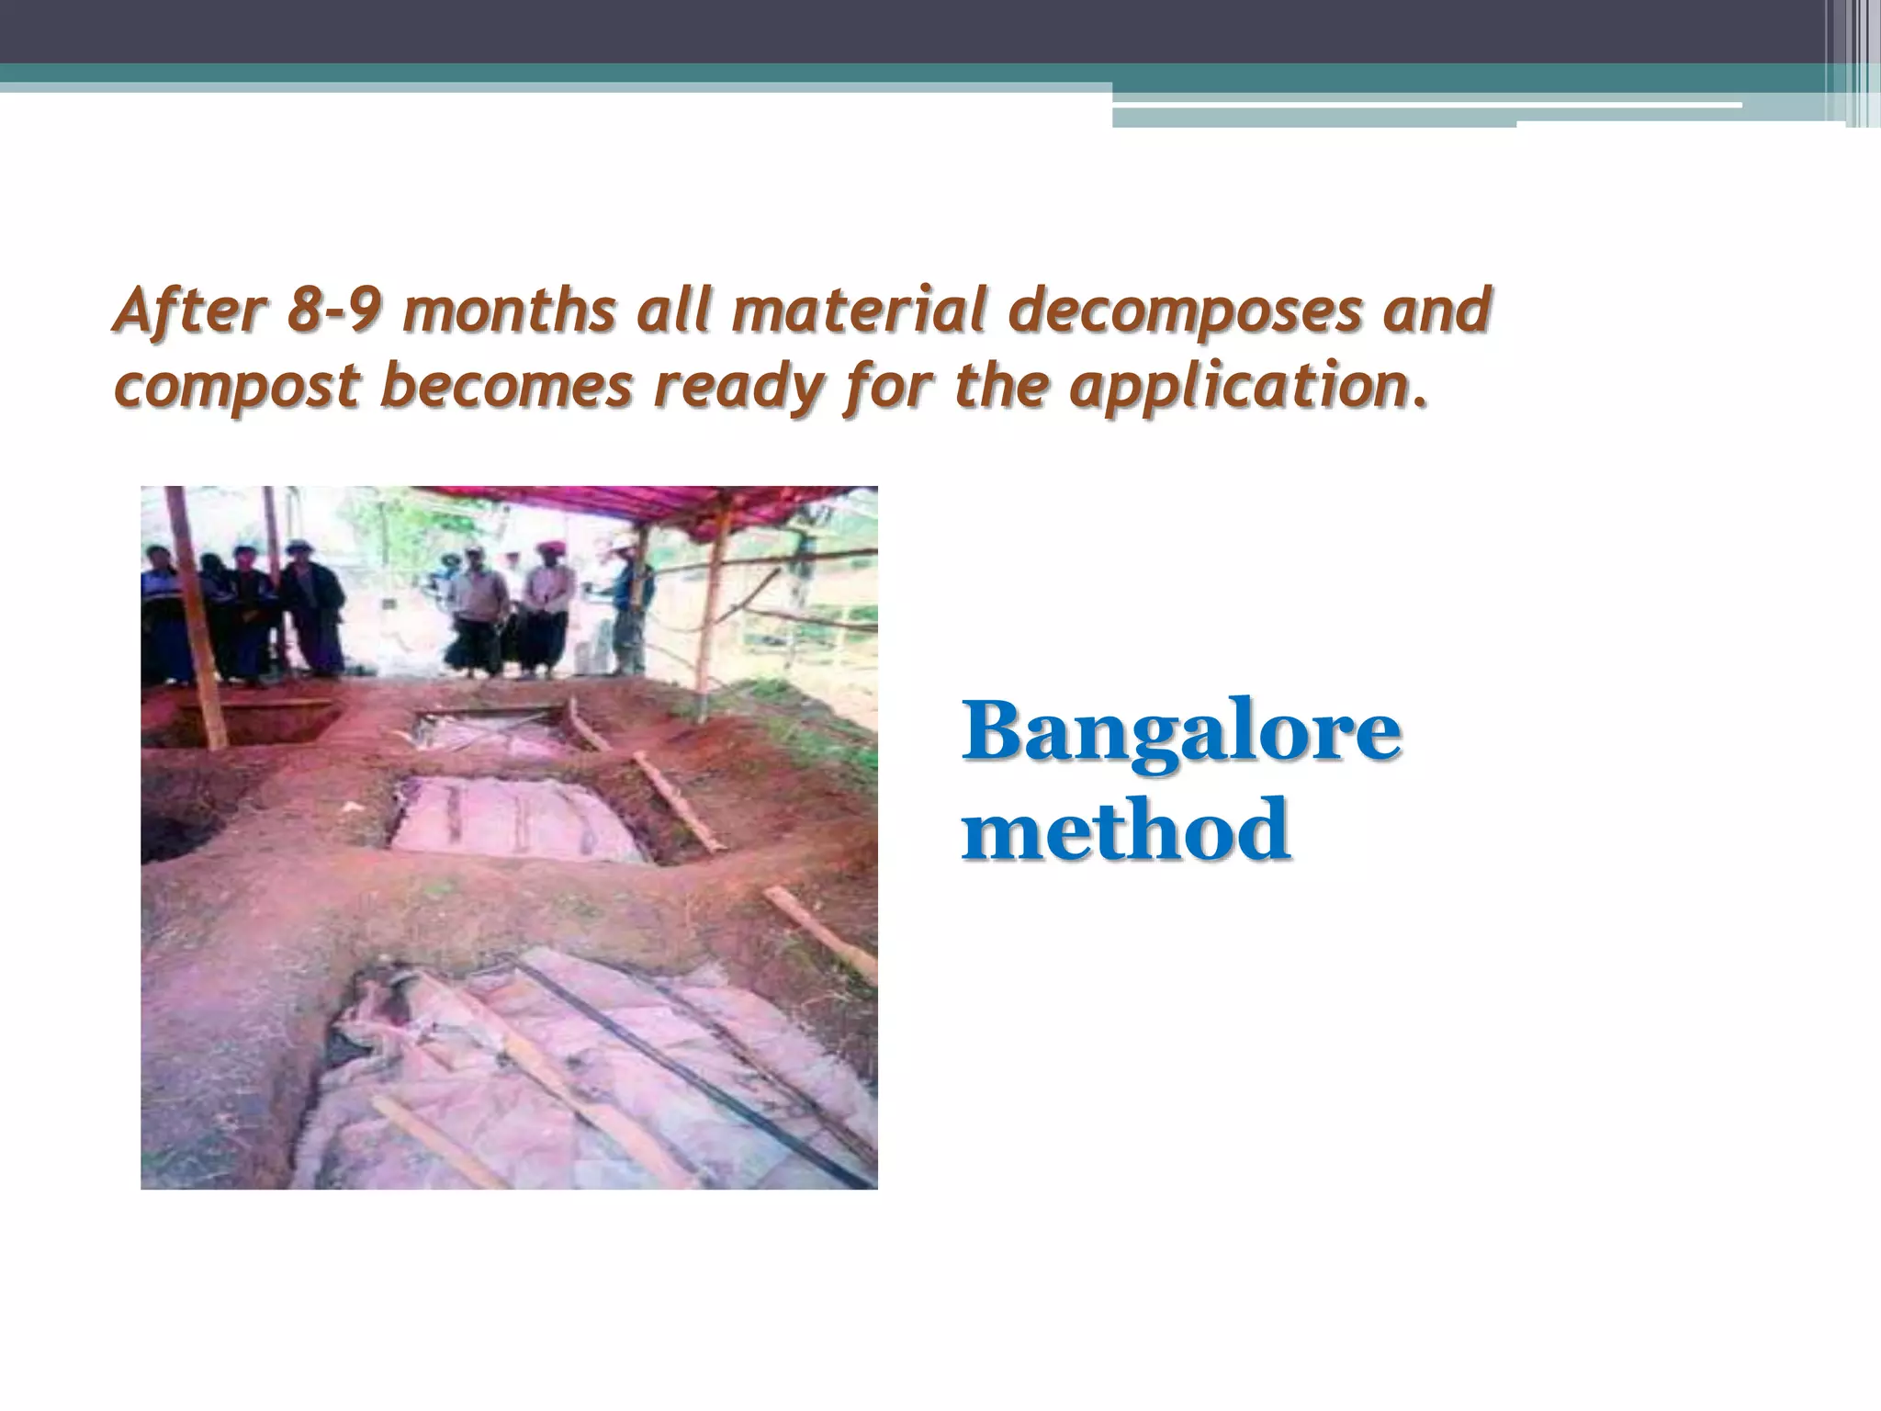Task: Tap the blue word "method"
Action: (x=1126, y=830)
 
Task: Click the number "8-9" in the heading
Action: (x=332, y=311)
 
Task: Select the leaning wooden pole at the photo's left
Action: (x=197, y=625)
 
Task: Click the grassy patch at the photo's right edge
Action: (x=840, y=735)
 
